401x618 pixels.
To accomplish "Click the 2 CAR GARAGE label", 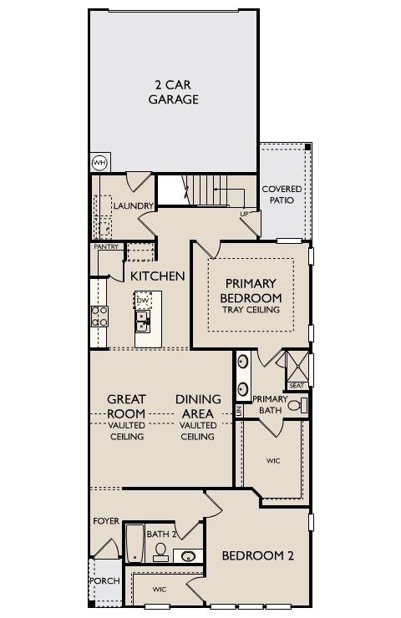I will (174, 92).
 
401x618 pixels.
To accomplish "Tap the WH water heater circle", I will (99, 162).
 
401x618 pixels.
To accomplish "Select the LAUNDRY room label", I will (133, 205).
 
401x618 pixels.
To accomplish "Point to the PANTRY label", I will (105, 246).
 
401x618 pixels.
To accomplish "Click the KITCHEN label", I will (157, 276).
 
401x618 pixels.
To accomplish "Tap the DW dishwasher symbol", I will (144, 300).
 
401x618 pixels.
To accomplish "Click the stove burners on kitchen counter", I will (99, 316).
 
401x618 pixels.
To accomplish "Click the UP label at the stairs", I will (244, 214).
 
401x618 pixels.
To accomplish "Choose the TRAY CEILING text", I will (251, 310).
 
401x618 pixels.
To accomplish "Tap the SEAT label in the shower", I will (296, 385).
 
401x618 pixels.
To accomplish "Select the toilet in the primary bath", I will (301, 406).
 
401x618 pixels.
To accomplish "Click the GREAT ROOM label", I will (126, 407).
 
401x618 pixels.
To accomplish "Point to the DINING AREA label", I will (198, 407).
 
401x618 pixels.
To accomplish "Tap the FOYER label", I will (106, 521).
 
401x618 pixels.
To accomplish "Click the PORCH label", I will (104, 580).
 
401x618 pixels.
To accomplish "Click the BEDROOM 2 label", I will (258, 555).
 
